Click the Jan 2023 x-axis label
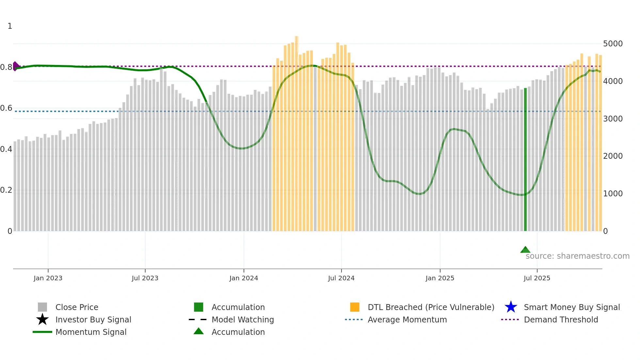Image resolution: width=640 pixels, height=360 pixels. [x=48, y=278]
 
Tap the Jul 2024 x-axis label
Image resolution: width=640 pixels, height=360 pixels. [x=341, y=278]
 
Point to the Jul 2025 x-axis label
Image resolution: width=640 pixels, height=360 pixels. [x=537, y=278]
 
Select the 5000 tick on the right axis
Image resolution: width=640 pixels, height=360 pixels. [x=613, y=44]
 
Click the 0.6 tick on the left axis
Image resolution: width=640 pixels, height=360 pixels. [x=6, y=108]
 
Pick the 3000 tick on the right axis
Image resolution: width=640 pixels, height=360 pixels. [x=613, y=119]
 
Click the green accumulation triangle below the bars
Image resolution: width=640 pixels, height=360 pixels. [x=525, y=250]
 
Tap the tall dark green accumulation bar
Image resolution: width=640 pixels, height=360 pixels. [x=525, y=160]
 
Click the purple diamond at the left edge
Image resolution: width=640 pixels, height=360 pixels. [x=15, y=66]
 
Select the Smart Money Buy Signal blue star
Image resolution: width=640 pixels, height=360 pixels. [x=511, y=307]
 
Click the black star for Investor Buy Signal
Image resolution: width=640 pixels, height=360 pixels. [x=42, y=319]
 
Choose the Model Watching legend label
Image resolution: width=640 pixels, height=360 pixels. [x=243, y=319]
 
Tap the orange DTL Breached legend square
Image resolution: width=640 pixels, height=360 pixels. [x=355, y=307]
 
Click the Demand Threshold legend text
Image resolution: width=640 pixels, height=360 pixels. [x=561, y=319]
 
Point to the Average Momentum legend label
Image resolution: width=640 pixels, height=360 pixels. [x=407, y=319]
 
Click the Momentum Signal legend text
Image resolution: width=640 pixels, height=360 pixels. [x=91, y=332]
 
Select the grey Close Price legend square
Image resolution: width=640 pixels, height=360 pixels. [x=42, y=307]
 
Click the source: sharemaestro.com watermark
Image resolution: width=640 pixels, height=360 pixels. [x=577, y=256]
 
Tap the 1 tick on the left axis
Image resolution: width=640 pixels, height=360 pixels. [x=10, y=26]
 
